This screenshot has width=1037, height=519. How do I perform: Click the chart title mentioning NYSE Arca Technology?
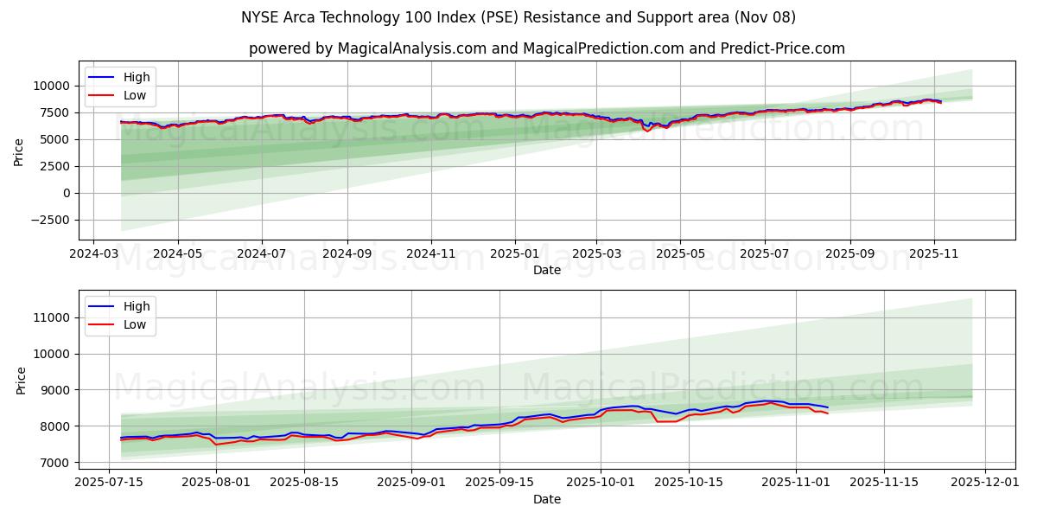pyautogui.click(x=518, y=17)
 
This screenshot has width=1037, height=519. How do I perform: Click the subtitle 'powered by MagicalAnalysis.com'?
pyautogui.click(x=546, y=48)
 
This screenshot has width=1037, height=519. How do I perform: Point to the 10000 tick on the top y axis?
pyautogui.click(x=52, y=86)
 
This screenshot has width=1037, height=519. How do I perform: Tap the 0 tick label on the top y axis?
pyautogui.click(x=66, y=193)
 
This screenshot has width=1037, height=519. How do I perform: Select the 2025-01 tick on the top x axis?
pyautogui.click(x=515, y=255)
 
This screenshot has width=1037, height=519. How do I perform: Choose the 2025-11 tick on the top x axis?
pyautogui.click(x=933, y=255)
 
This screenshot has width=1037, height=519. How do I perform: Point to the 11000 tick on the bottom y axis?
pyautogui.click(x=52, y=317)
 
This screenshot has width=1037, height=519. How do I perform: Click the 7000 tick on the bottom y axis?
pyautogui.click(x=55, y=463)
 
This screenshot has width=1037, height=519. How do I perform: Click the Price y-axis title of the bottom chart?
pyautogui.click(x=22, y=380)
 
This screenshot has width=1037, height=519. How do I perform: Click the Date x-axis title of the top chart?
pyautogui.click(x=546, y=270)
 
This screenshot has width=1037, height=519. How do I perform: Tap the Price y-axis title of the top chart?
pyautogui.click(x=19, y=151)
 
